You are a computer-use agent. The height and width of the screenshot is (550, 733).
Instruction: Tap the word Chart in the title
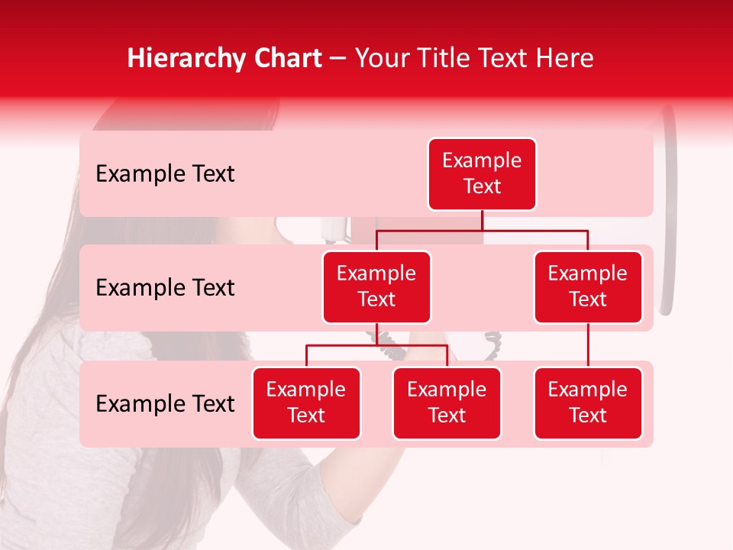(284, 59)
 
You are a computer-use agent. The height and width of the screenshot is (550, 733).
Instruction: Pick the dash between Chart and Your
(338, 59)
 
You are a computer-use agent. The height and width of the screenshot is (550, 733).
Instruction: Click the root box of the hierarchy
(482, 174)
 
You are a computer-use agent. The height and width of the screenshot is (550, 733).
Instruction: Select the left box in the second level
(376, 287)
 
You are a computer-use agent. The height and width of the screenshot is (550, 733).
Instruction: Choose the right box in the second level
(588, 287)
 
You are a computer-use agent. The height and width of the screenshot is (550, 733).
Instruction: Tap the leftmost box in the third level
(306, 403)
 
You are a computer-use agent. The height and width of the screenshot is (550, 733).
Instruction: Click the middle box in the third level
(447, 403)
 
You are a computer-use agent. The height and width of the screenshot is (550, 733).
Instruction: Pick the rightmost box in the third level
(588, 403)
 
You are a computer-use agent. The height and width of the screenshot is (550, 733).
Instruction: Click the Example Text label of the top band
(165, 174)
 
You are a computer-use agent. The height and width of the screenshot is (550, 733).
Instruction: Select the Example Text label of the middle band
(165, 288)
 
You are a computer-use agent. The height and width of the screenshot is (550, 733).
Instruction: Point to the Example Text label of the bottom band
(165, 404)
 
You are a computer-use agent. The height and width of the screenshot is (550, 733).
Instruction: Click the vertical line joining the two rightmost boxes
(588, 345)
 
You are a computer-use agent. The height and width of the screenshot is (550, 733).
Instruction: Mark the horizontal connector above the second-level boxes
(482, 230)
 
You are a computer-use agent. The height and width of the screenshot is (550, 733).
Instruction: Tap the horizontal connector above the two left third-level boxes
(376, 345)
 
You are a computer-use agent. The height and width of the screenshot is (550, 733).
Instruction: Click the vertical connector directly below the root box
(482, 220)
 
